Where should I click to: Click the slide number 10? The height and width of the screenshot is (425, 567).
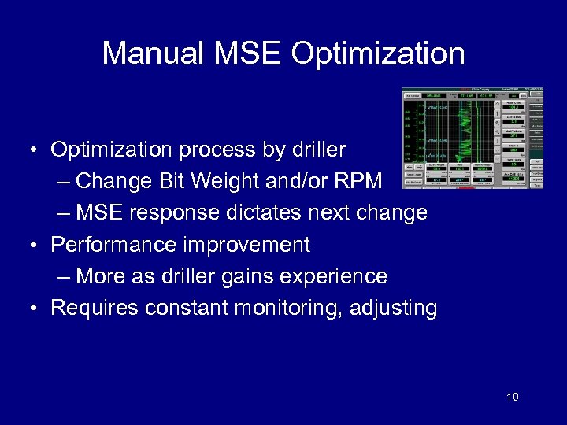tap(513, 397)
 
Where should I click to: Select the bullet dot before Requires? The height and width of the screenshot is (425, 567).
tap(36, 309)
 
